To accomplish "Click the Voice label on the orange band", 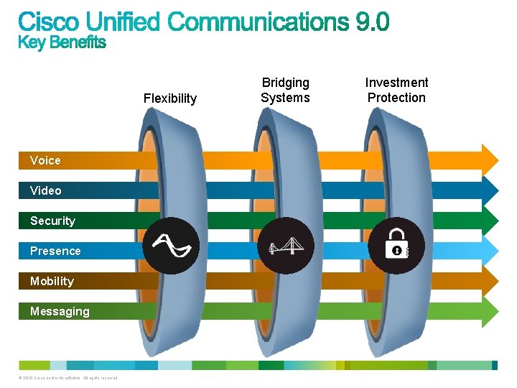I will pos(45,160).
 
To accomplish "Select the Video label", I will pos(45,190).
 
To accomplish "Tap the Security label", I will pos(52,221).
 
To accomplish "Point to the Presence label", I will pos(55,251).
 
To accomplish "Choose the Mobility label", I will pos(52,281).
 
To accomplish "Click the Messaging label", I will pos(60,311).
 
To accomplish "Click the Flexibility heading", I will pos(170,98).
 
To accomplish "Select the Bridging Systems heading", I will pos(285,91).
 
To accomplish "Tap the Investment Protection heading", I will pos(396,91).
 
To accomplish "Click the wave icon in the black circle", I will pos(171,246).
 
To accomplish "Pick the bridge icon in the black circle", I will pos(286,246).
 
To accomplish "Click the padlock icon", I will pos(396,246).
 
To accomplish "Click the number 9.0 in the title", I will pos(373,22).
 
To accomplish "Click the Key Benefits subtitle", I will pos(62,43).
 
